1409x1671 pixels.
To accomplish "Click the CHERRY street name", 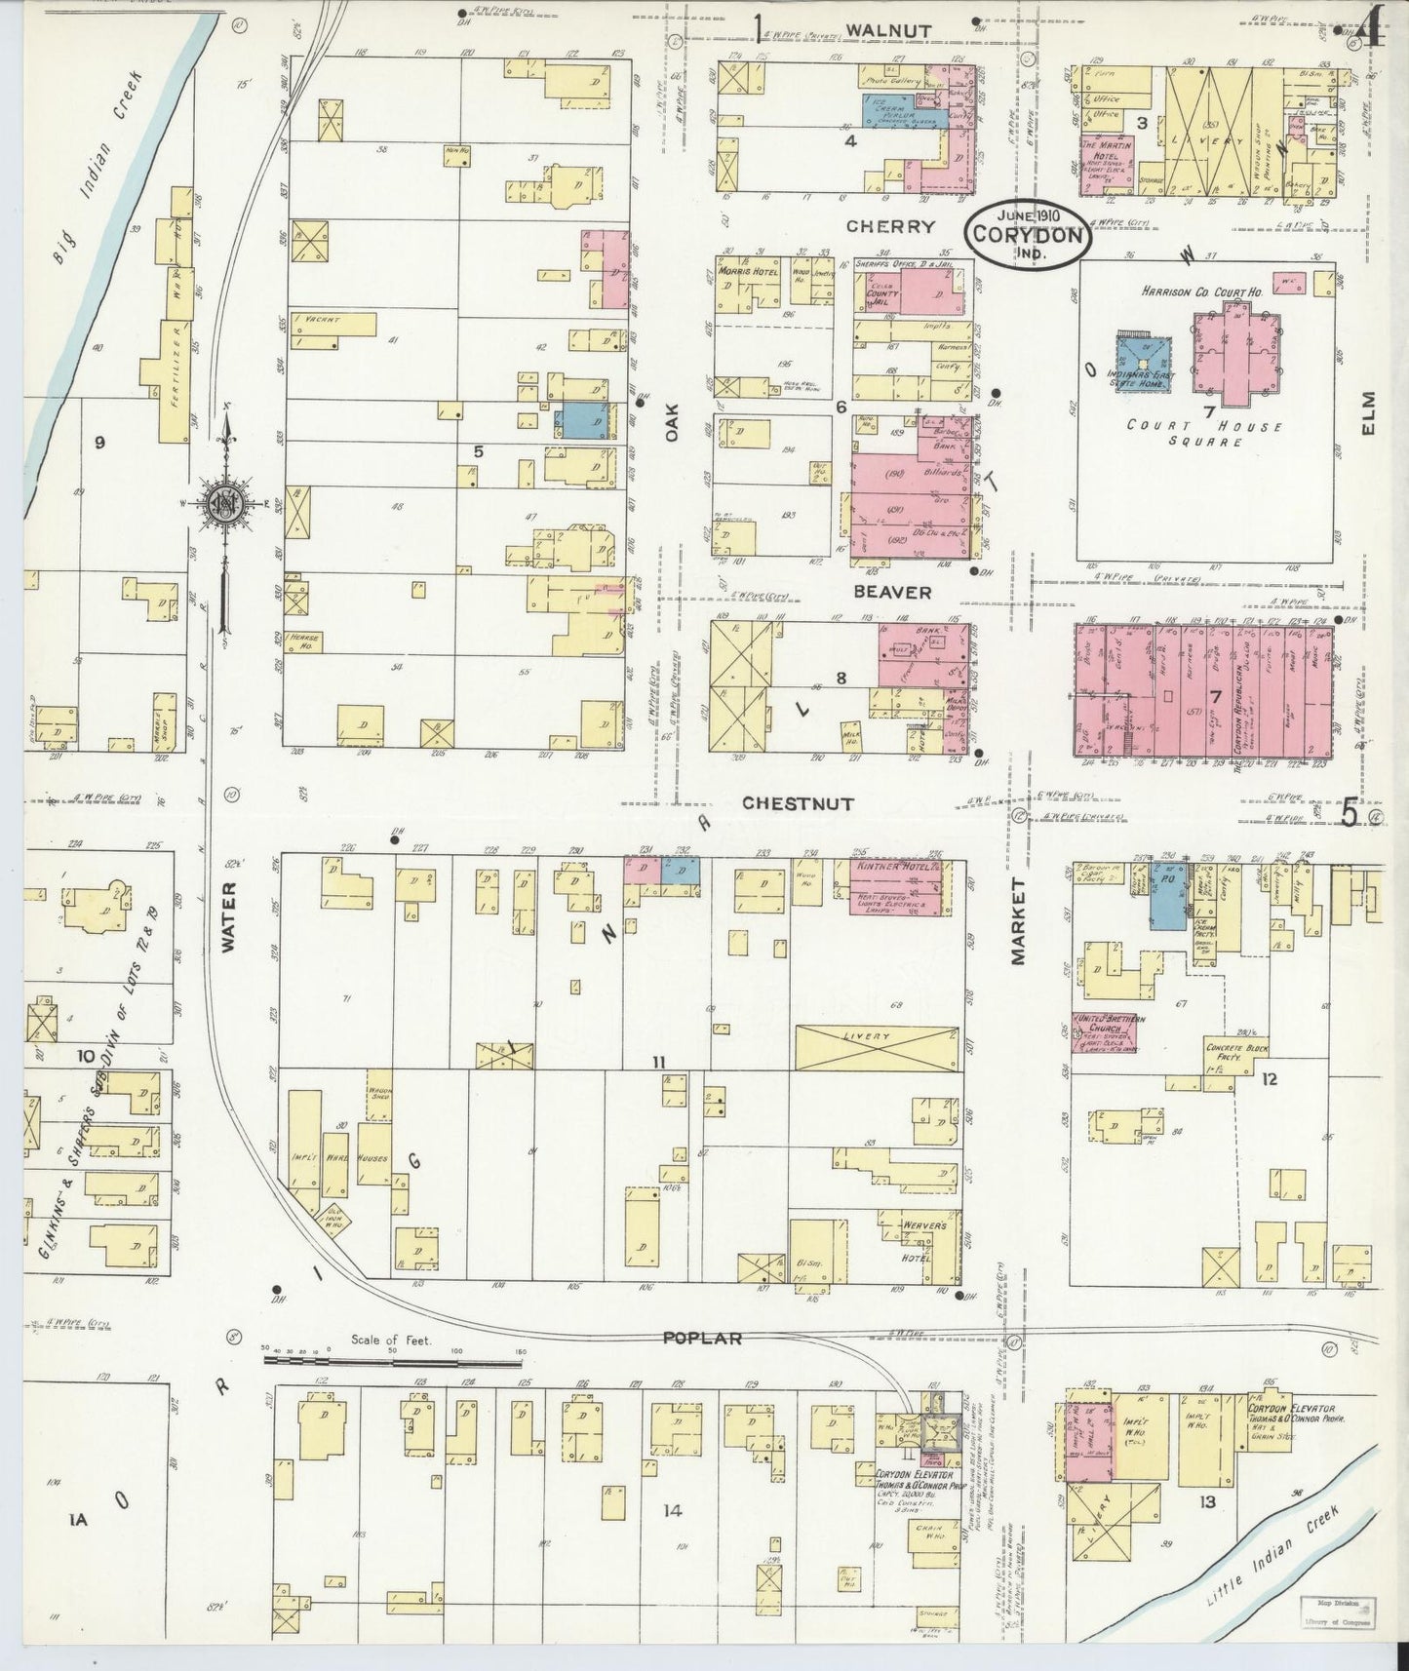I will [890, 226].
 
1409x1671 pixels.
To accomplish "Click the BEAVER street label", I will [892, 592].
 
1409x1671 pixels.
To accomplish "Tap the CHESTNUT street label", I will [798, 804].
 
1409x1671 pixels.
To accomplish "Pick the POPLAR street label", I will [702, 1339].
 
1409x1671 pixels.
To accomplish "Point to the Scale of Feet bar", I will [395, 1356].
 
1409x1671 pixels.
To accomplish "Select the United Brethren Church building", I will [1108, 1031].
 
